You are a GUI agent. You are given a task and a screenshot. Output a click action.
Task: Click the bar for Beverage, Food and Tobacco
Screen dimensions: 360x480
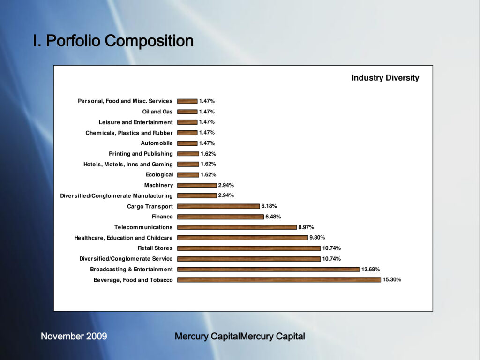[279, 280]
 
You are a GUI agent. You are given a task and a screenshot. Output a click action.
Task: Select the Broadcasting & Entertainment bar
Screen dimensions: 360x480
[268, 270]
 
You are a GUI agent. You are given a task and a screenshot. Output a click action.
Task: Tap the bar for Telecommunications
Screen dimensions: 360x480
[237, 227]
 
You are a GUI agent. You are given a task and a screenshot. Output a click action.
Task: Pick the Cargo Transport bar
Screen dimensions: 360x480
[218, 206]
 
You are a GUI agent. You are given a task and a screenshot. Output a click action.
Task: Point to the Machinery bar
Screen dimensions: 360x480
[197, 185]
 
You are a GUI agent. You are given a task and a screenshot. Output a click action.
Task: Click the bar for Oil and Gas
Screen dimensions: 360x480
[187, 112]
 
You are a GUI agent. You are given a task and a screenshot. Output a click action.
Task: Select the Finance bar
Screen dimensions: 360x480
[220, 217]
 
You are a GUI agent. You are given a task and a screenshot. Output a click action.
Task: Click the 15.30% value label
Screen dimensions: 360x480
[392, 280]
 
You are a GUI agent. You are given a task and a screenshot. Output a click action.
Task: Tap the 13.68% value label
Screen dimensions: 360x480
[370, 270]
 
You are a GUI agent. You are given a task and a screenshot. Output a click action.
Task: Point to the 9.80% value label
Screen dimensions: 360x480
[317, 238]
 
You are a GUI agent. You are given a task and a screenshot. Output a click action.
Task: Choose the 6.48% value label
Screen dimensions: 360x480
[273, 217]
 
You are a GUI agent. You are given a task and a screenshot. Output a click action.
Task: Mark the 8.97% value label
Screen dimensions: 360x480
[306, 227]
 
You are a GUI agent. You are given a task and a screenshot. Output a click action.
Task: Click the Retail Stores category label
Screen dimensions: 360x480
[155, 248]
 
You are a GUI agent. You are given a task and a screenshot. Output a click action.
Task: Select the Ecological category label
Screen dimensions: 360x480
[159, 175]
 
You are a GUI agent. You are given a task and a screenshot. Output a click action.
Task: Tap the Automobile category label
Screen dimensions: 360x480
[157, 143]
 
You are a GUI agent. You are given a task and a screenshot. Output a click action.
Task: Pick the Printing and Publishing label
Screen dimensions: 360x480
[141, 154]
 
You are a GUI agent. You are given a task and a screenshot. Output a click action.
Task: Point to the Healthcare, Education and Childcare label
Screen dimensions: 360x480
[123, 238]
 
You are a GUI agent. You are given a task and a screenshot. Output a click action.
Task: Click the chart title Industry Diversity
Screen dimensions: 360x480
[385, 78]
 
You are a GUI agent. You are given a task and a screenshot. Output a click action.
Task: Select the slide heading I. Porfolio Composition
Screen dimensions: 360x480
[113, 41]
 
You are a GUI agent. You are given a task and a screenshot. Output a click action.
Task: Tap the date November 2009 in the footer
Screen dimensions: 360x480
[74, 336]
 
